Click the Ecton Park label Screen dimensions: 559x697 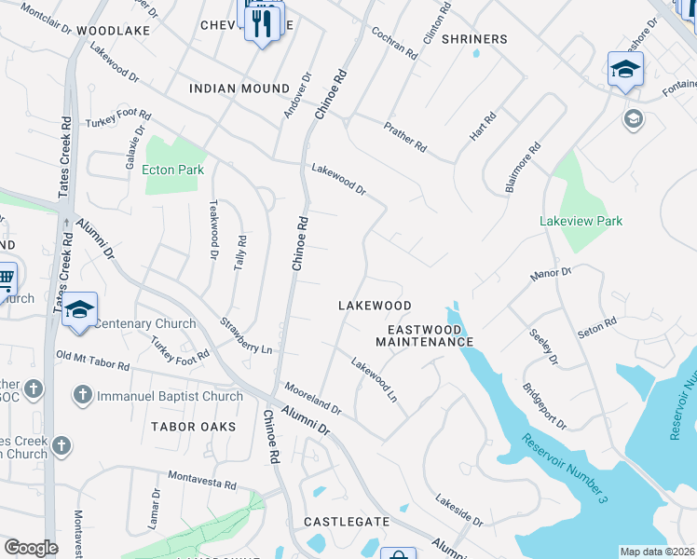click(172, 170)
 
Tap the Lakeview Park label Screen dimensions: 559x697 click(581, 221)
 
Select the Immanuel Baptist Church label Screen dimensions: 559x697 click(171, 396)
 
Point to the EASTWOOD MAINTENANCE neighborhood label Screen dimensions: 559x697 click(424, 335)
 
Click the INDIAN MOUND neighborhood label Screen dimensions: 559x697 click(239, 89)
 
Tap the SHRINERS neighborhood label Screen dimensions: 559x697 click(474, 39)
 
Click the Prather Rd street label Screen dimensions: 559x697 click(405, 136)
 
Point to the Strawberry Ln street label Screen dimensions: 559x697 click(246, 336)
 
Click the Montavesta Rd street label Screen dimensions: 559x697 click(202, 480)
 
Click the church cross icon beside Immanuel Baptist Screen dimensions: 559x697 click(82, 395)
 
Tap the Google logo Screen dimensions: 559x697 click(31, 548)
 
